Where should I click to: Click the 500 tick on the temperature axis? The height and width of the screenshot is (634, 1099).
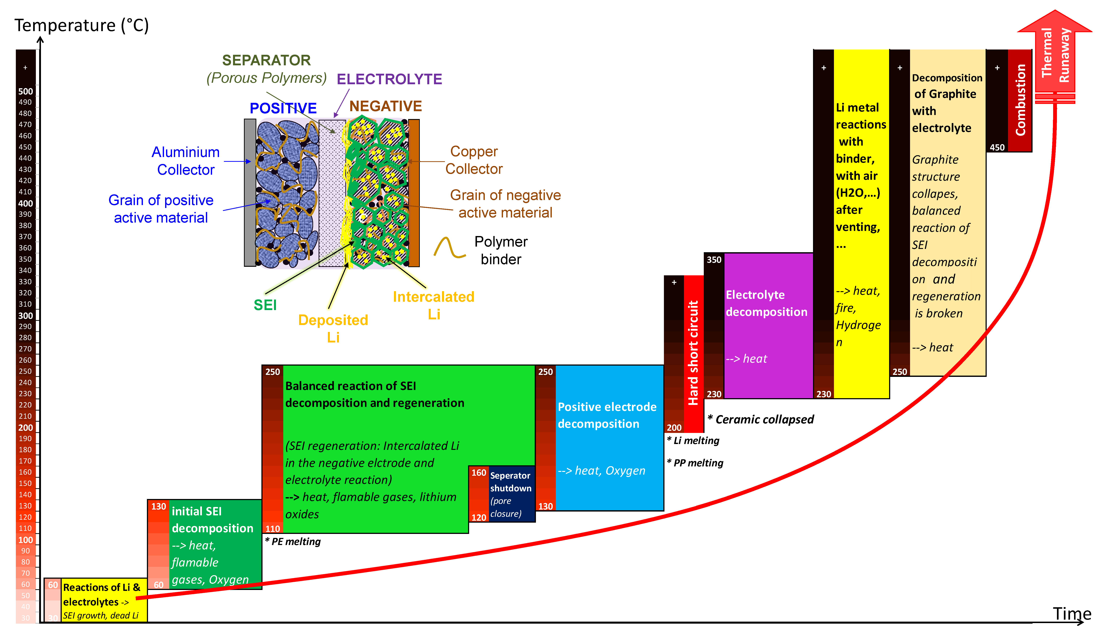[25, 91]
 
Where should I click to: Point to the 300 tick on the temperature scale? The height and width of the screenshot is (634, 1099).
[25, 316]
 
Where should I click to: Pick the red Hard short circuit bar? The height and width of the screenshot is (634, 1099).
[693, 353]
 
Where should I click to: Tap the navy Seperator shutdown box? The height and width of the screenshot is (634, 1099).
[510, 494]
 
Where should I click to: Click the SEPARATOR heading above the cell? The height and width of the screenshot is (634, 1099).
[266, 60]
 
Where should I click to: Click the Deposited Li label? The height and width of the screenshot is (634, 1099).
[333, 328]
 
